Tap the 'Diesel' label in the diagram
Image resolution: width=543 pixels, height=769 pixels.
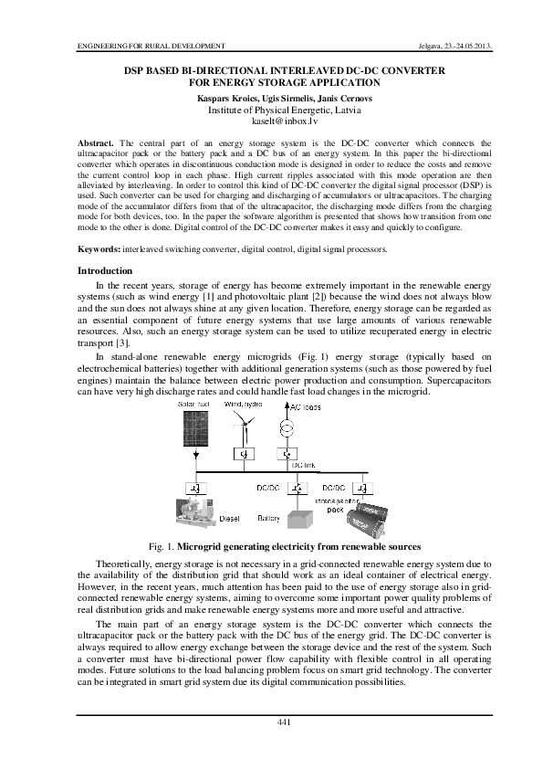pyautogui.click(x=230, y=519)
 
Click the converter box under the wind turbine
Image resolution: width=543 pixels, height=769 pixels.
pyautogui.click(x=244, y=453)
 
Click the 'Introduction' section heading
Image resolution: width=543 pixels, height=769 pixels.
pyautogui.click(x=105, y=271)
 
